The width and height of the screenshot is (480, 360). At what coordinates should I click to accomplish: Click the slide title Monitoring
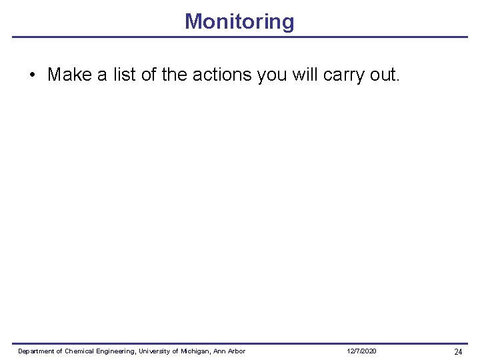[239, 21]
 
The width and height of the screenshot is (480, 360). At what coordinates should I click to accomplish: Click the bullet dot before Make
[33, 75]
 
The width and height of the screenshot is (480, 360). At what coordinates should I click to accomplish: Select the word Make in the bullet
[69, 74]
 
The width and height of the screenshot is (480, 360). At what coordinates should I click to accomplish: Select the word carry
[344, 75]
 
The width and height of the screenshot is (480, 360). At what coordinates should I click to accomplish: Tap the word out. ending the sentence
[385, 74]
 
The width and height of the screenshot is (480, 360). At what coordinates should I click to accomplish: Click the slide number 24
[458, 351]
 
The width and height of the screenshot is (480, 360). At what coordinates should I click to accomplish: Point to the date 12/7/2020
[361, 351]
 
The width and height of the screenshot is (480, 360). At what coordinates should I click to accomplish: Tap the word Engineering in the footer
[117, 351]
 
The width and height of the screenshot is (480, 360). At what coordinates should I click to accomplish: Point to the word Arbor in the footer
[236, 351]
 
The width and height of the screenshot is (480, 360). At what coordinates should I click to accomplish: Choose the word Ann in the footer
[219, 351]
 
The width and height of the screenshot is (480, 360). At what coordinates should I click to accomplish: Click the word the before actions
[174, 74]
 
